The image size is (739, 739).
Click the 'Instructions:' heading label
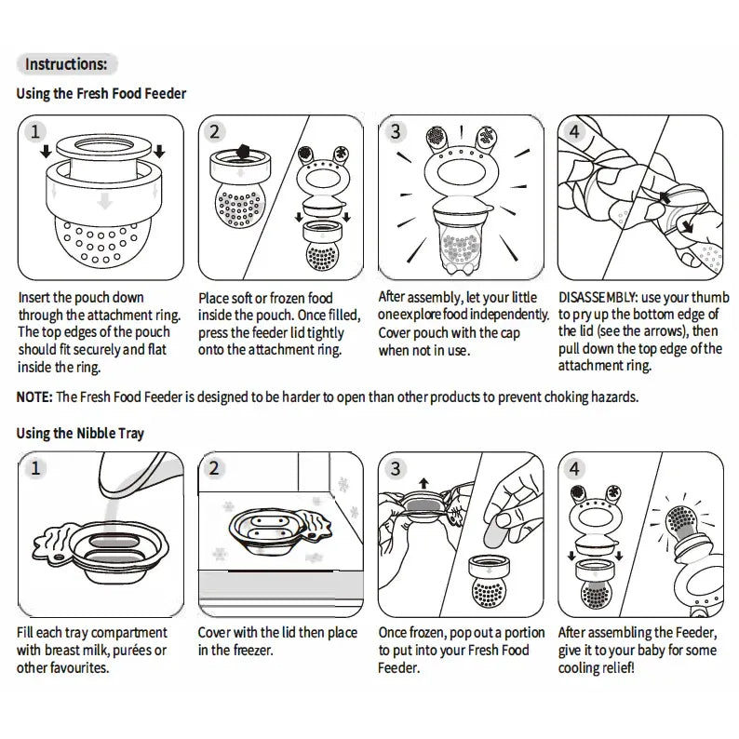66,64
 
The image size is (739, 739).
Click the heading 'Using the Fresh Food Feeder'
101,94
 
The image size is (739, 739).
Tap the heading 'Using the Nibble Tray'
80,433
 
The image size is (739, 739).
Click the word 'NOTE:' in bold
34,396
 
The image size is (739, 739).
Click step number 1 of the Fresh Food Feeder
35,131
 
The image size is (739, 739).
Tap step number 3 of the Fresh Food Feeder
396,131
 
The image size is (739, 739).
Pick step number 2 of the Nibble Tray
215,468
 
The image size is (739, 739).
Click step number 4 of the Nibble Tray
574,468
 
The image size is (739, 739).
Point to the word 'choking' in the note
532,396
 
